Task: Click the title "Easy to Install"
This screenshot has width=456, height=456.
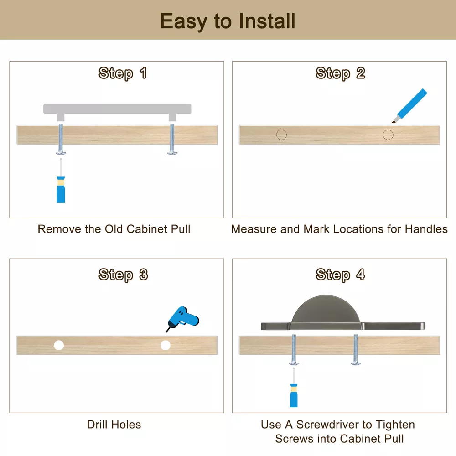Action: (228, 21)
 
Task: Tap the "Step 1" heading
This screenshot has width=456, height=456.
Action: (122, 73)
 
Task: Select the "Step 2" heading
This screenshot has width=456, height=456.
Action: (340, 73)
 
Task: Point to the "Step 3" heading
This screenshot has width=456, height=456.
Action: (123, 275)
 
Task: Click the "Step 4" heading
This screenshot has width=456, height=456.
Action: (340, 275)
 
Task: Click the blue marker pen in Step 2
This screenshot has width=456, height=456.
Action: (409, 106)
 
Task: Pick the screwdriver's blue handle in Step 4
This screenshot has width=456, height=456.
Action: (294, 395)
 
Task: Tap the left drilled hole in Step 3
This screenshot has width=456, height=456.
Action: (59, 345)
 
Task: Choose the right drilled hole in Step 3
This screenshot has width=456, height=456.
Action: (166, 345)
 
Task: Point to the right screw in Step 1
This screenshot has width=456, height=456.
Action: (172, 139)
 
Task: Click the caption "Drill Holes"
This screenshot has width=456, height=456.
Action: (114, 425)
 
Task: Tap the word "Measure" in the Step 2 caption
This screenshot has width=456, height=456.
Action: (254, 229)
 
